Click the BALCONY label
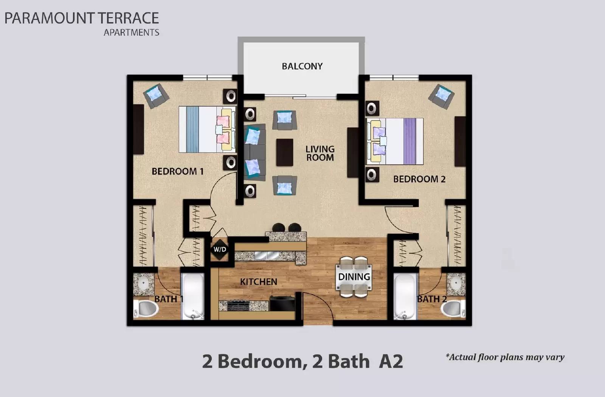pos(302,66)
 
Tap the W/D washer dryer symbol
pos(220,249)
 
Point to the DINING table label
pos(354,277)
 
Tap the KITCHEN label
pos(259,282)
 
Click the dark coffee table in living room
pos(284,152)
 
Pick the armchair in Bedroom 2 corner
pos(442,96)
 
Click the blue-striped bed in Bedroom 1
pos(206,129)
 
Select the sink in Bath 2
pos(456,284)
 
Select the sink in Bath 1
pos(143,284)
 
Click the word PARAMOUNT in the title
pos(49,18)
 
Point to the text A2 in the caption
pos(391,361)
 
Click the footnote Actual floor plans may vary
pos(505,357)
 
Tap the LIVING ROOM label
pos(320,153)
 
